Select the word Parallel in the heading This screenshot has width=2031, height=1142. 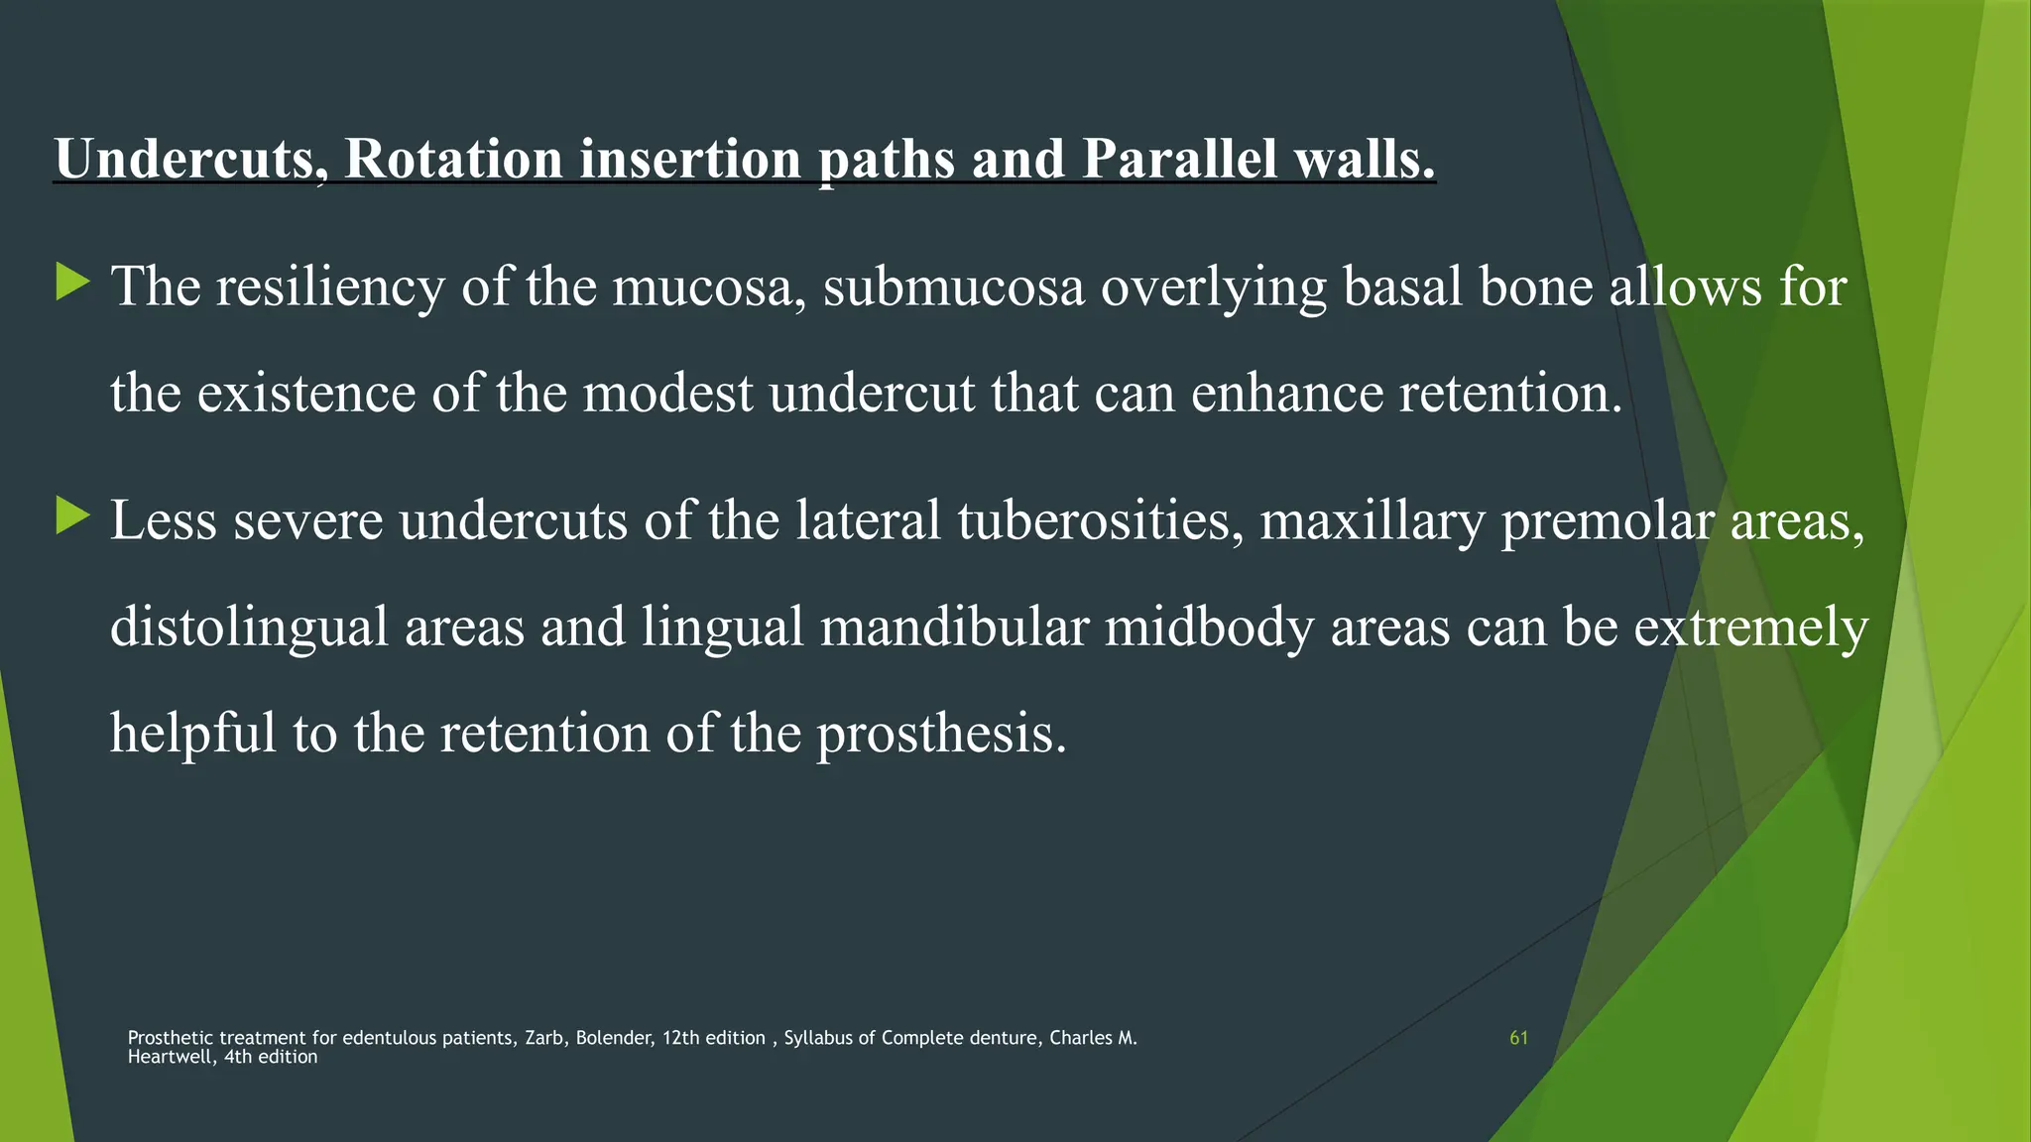[1179, 159]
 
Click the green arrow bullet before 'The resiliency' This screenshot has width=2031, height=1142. [72, 283]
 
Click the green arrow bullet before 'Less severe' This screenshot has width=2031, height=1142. [72, 516]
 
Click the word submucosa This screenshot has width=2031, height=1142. [953, 287]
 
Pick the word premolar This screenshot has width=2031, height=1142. [1608, 521]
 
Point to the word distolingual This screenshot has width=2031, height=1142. [248, 628]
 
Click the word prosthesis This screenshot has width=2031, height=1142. [941, 734]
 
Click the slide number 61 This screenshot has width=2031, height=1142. [1518, 1038]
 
